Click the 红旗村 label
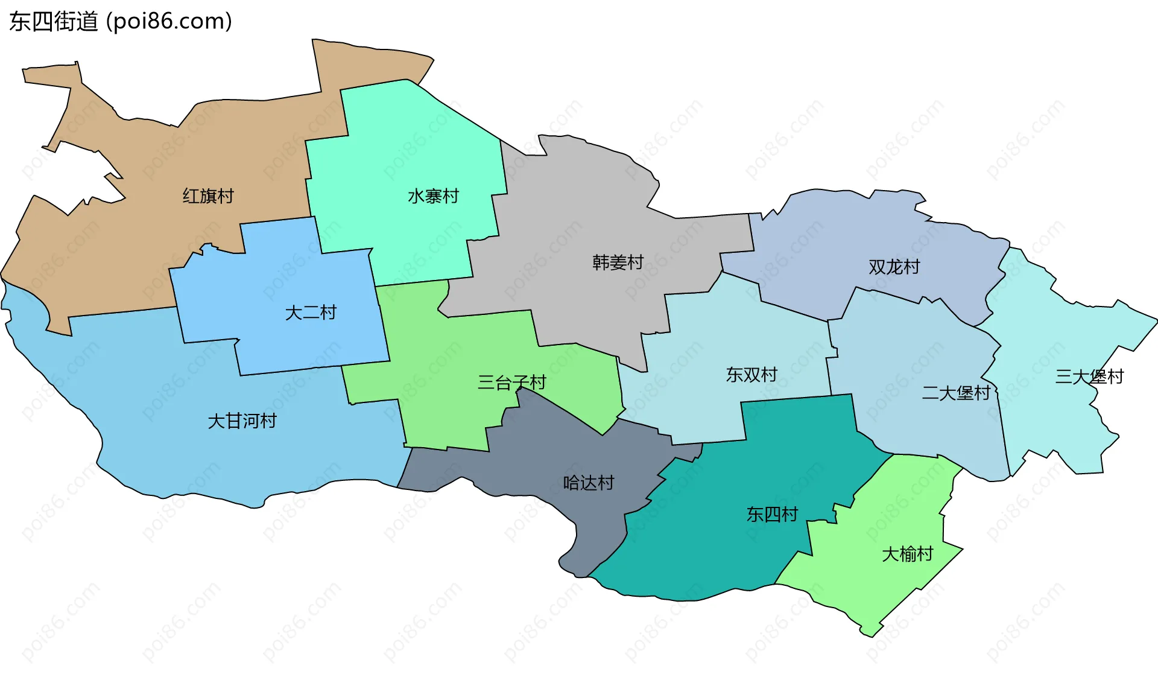pyautogui.click(x=208, y=196)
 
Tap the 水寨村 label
pyautogui.click(x=433, y=196)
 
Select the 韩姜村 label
pyautogui.click(x=618, y=262)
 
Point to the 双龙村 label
pyautogui.click(x=894, y=267)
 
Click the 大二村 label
pyautogui.click(x=311, y=313)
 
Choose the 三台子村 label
pyautogui.click(x=511, y=383)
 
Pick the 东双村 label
pyautogui.click(x=751, y=375)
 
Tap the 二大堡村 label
pyautogui.click(x=956, y=393)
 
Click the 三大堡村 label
pyautogui.click(x=1089, y=377)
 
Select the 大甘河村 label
pyautogui.click(x=242, y=421)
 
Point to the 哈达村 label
pyautogui.click(x=588, y=483)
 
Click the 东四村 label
pyautogui.click(x=772, y=514)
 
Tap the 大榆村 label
pyautogui.click(x=907, y=554)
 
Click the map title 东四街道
pyautogui.click(x=53, y=22)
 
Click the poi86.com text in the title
pyautogui.click(x=169, y=22)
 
